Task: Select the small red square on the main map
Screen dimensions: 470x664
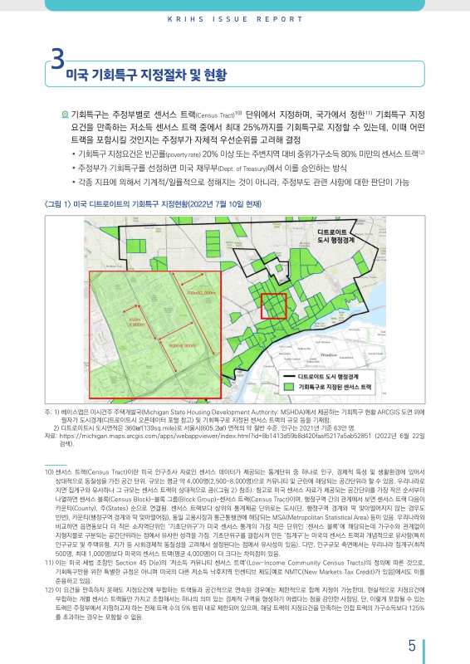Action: tap(273, 306)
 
